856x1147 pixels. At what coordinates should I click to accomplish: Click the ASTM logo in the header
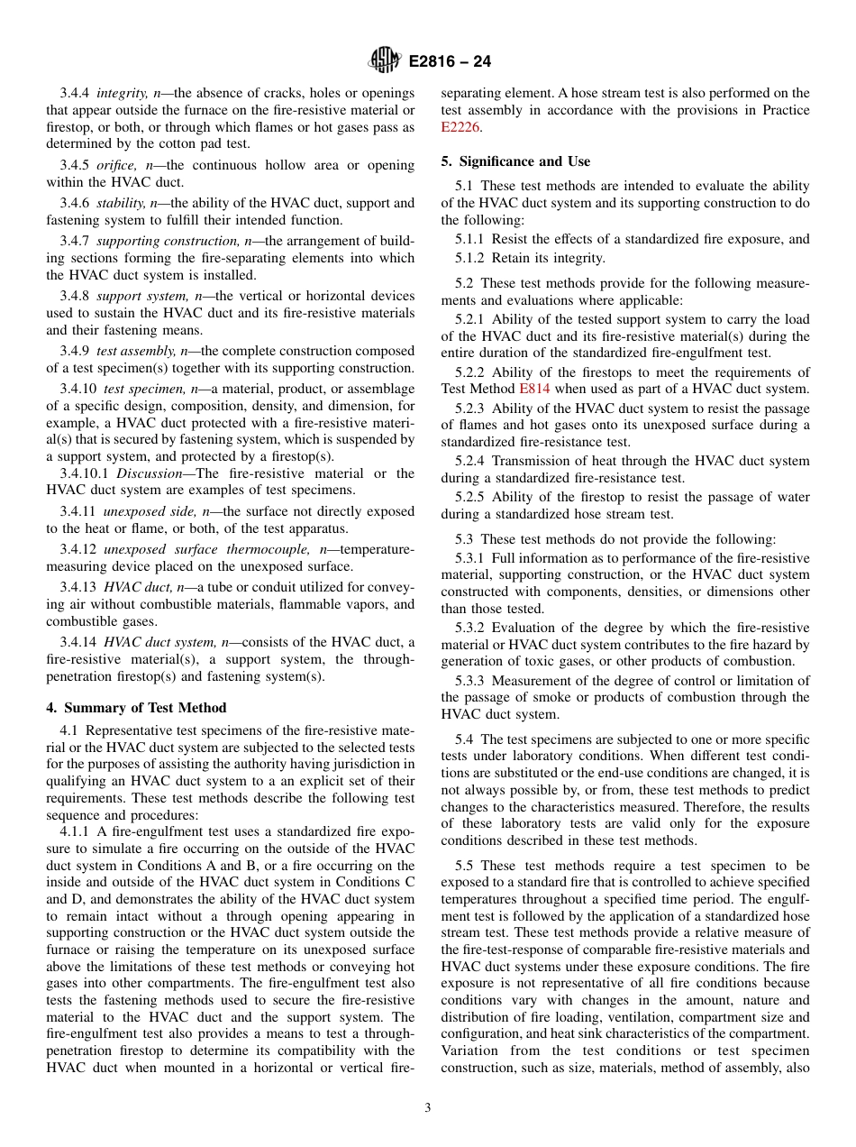click(x=385, y=61)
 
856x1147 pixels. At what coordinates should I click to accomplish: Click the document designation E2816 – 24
click(x=450, y=62)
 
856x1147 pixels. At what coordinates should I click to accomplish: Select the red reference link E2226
click(x=460, y=127)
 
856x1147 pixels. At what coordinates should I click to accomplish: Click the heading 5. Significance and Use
click(x=515, y=161)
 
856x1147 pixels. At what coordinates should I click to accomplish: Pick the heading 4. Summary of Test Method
click(x=136, y=708)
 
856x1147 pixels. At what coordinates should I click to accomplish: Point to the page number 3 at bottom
click(x=428, y=1107)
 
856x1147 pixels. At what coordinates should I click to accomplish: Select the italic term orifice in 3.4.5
click(x=117, y=165)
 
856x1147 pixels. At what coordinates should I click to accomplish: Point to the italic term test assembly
click(x=135, y=351)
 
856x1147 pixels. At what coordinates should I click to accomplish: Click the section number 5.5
click(x=465, y=865)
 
